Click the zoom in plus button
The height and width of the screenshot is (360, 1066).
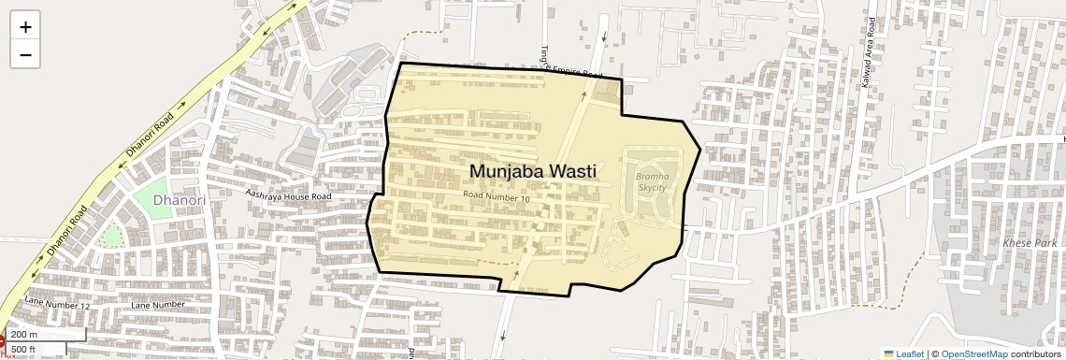click(25, 27)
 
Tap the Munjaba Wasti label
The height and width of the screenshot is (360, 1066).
click(532, 171)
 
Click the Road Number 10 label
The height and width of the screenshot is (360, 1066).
click(497, 197)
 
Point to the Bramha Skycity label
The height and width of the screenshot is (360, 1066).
click(651, 181)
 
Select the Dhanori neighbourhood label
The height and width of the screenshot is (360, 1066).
click(179, 200)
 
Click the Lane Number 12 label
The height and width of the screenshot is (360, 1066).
click(58, 304)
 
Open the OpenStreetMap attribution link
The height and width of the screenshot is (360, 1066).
click(973, 353)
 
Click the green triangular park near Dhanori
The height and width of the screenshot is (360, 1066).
click(111, 235)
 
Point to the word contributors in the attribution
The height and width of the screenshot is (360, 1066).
click(1035, 353)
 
